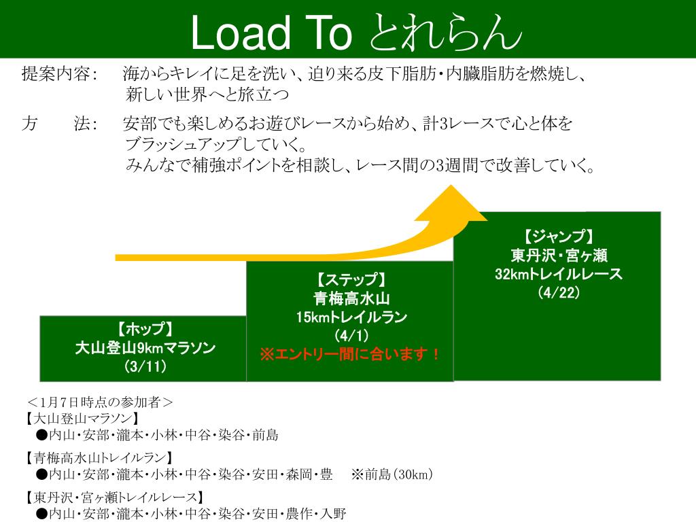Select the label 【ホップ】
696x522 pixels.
click(x=145, y=330)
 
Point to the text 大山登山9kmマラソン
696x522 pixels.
click(x=145, y=348)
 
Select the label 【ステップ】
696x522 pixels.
click(x=350, y=279)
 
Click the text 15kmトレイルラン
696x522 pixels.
click(x=350, y=317)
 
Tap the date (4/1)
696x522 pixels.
click(x=350, y=336)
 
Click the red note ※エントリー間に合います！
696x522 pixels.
click(x=350, y=354)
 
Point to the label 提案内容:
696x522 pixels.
click(x=60, y=73)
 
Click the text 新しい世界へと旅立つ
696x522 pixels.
click(x=207, y=93)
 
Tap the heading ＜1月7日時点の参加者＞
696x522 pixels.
click(x=100, y=401)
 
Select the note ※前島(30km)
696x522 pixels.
click(x=392, y=474)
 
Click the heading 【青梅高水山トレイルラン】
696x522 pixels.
click(x=99, y=457)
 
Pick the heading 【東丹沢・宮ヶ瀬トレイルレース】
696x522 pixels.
click(x=114, y=496)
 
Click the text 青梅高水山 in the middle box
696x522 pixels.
click(x=350, y=298)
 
